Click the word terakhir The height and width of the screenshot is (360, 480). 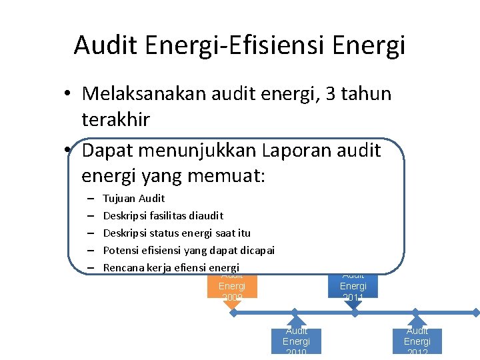coord(115,120)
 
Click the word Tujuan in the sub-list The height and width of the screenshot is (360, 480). coord(119,198)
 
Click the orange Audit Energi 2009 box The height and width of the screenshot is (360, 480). coord(232,286)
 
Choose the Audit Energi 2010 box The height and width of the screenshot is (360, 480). coord(296,341)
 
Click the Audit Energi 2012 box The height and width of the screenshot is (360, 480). coord(417,341)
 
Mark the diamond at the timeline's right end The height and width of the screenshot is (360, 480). coord(476,312)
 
